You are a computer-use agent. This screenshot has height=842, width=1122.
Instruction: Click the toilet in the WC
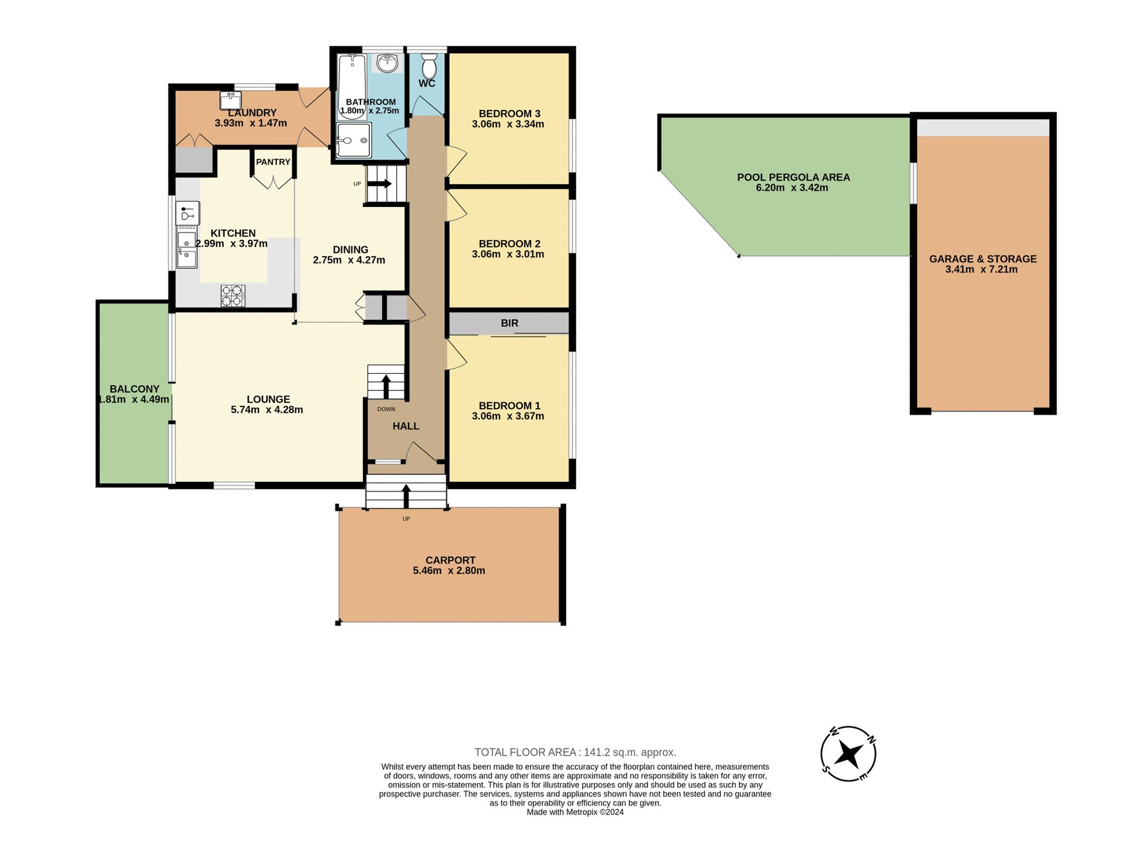(429, 67)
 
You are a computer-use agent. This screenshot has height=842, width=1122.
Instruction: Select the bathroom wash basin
(387, 63)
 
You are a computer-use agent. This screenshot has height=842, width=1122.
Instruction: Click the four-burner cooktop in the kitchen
(233, 295)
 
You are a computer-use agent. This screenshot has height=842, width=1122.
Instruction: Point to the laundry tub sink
(231, 101)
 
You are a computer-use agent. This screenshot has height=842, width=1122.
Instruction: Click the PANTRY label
(273, 162)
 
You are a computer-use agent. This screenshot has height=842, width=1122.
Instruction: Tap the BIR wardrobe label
(509, 323)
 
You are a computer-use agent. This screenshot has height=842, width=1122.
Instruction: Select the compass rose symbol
(848, 754)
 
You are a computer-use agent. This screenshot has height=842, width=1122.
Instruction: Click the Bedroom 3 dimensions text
(508, 124)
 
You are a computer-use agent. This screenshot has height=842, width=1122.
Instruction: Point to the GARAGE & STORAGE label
(983, 258)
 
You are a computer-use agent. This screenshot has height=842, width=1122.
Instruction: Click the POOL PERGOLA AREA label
(793, 177)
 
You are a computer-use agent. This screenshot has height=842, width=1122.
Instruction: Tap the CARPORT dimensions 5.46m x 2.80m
(449, 571)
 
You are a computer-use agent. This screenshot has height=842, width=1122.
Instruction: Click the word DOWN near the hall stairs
(386, 409)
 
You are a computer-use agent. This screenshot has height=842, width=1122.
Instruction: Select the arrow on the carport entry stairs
(406, 496)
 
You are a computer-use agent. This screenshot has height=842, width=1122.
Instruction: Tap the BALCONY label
(134, 389)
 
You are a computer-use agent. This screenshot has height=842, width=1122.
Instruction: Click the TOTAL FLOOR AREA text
(575, 753)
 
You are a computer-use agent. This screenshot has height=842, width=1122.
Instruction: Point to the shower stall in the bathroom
(354, 140)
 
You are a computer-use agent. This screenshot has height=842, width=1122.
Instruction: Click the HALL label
(406, 426)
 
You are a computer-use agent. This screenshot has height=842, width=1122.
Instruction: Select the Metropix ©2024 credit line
(575, 812)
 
